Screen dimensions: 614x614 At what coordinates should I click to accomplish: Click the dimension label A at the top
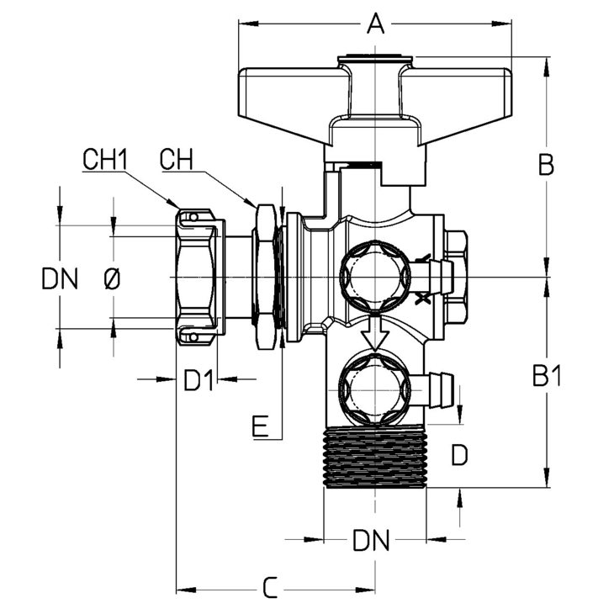coord(375,24)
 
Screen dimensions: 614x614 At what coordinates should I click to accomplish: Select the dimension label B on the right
coord(546,165)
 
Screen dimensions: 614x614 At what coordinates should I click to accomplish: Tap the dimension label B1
coord(547,375)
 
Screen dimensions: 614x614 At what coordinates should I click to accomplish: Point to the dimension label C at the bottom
coord(270,587)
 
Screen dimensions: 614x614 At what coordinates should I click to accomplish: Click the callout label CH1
coord(105,159)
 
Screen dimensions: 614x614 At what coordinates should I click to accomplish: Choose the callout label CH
coord(177,159)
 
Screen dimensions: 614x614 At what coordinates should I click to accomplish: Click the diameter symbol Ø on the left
coord(113,278)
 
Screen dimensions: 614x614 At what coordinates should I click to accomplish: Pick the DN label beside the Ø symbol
coord(60,278)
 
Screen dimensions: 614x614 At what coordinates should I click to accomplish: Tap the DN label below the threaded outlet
coord(371,540)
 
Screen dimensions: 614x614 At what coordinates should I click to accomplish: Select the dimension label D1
coord(199,380)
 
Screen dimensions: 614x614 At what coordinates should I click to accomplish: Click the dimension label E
coord(260,426)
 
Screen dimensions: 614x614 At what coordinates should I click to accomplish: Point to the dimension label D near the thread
coord(459,455)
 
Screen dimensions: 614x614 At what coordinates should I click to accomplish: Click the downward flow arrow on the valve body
coord(375,333)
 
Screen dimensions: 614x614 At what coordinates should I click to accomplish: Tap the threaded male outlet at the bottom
coord(375,457)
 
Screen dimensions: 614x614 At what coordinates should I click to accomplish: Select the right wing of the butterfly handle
coord(456,103)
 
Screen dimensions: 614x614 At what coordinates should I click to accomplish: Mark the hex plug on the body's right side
coord(456,278)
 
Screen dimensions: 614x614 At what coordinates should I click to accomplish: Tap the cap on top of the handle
coord(375,59)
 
